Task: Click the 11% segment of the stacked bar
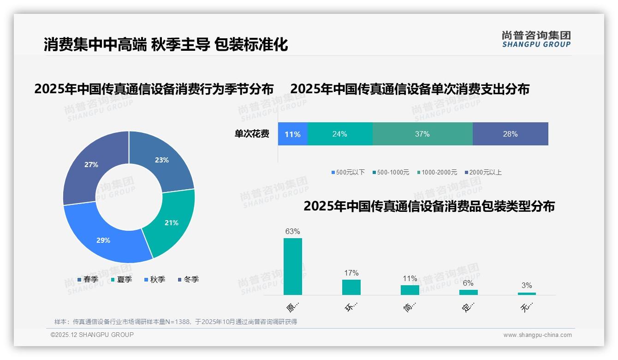coord(292,134)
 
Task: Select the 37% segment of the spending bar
coord(422,134)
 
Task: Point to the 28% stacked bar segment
coord(510,134)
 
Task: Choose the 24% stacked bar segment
coord(339,134)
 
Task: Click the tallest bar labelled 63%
coord(292,266)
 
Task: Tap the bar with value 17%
coord(351,287)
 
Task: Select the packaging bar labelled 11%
coord(410,290)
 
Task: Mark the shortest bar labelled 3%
coord(527,294)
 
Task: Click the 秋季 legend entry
coord(154,280)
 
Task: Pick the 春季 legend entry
coord(88,280)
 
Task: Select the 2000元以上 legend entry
coord(483,173)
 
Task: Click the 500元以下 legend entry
coord(348,173)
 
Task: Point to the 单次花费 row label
coord(252,134)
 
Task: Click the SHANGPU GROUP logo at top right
coord(536,39)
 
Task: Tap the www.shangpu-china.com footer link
coord(537,335)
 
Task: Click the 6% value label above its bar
coord(468,283)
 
